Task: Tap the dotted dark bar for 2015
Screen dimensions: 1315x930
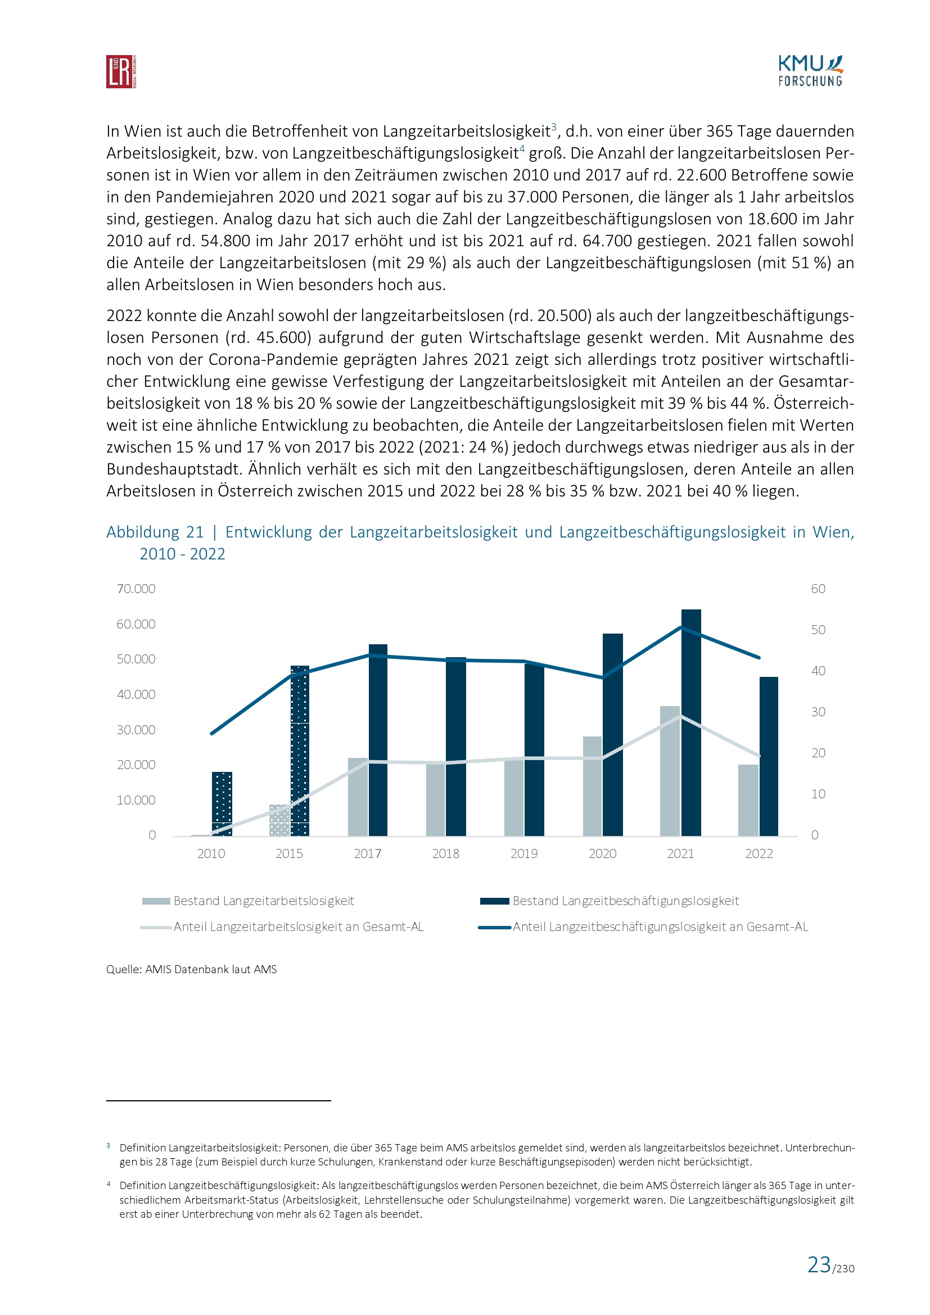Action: [x=300, y=751]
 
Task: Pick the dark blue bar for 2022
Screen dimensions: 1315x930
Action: [x=769, y=756]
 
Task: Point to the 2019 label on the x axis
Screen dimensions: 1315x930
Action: [x=524, y=853]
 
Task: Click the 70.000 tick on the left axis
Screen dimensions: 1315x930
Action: [x=136, y=589]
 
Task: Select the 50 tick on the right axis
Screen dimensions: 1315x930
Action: [x=818, y=630]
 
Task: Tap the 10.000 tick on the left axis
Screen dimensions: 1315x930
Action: [x=136, y=800]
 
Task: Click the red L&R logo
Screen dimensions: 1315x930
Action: [x=121, y=71]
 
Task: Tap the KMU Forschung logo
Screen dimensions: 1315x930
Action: [x=810, y=71]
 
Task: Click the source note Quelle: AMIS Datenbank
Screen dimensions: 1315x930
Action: [x=191, y=969]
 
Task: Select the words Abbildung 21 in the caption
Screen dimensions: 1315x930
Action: [x=155, y=532]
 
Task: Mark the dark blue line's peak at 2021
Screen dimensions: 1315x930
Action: [x=681, y=627]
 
